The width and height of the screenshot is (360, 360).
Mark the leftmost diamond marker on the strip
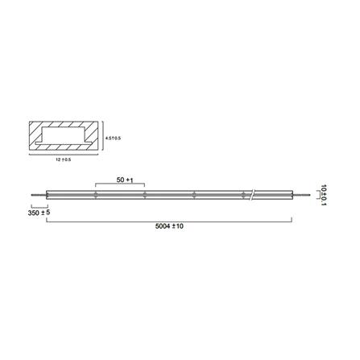click(95, 194)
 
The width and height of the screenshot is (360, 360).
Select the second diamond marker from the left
click(143, 194)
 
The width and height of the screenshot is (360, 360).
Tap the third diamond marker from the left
click(194, 194)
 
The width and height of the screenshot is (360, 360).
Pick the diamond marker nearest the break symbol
click(242, 194)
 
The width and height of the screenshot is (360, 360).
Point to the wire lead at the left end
click(37, 194)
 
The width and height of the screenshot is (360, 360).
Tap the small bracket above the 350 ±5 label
click(37, 206)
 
